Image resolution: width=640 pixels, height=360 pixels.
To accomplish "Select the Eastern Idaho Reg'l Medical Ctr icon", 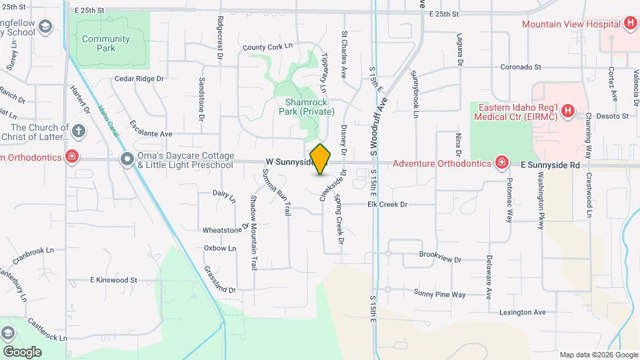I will pyautogui.click(x=568, y=111).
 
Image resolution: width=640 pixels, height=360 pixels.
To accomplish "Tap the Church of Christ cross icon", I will pyautogui.click(x=79, y=130).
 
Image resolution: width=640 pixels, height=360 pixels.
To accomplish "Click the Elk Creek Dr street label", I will pyautogui.click(x=387, y=205).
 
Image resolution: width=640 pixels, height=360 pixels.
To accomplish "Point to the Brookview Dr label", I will pyautogui.click(x=440, y=255).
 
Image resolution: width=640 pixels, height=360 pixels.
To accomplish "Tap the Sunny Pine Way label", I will pyautogui.click(x=439, y=293).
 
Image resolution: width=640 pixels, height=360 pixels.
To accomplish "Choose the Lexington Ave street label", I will pyautogui.click(x=522, y=312).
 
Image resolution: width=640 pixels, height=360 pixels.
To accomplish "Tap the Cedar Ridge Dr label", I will pyautogui.click(x=139, y=79).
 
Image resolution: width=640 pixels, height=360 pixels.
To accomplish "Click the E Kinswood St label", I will pyautogui.click(x=113, y=281).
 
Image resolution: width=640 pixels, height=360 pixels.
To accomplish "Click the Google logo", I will pyautogui.click(x=21, y=351).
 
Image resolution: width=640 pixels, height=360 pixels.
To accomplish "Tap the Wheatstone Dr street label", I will pyautogui.click(x=225, y=230).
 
